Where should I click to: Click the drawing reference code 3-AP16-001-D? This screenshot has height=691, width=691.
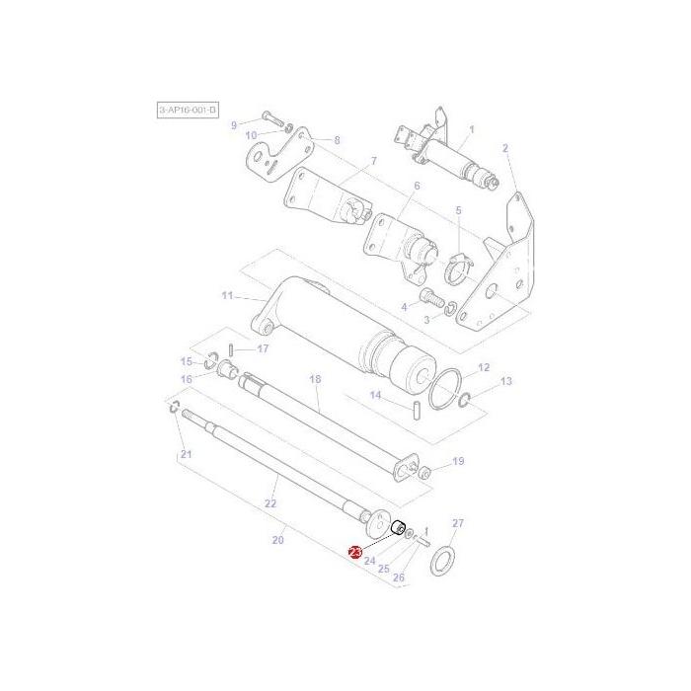189,111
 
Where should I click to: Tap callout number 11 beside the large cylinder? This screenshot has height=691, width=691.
227,295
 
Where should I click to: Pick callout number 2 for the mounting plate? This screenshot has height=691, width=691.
505,148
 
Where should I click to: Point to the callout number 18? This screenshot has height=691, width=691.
315,379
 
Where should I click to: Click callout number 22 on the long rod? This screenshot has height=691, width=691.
270,503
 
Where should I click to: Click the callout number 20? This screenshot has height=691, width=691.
277,540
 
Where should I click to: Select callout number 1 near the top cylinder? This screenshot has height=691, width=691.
471,129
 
